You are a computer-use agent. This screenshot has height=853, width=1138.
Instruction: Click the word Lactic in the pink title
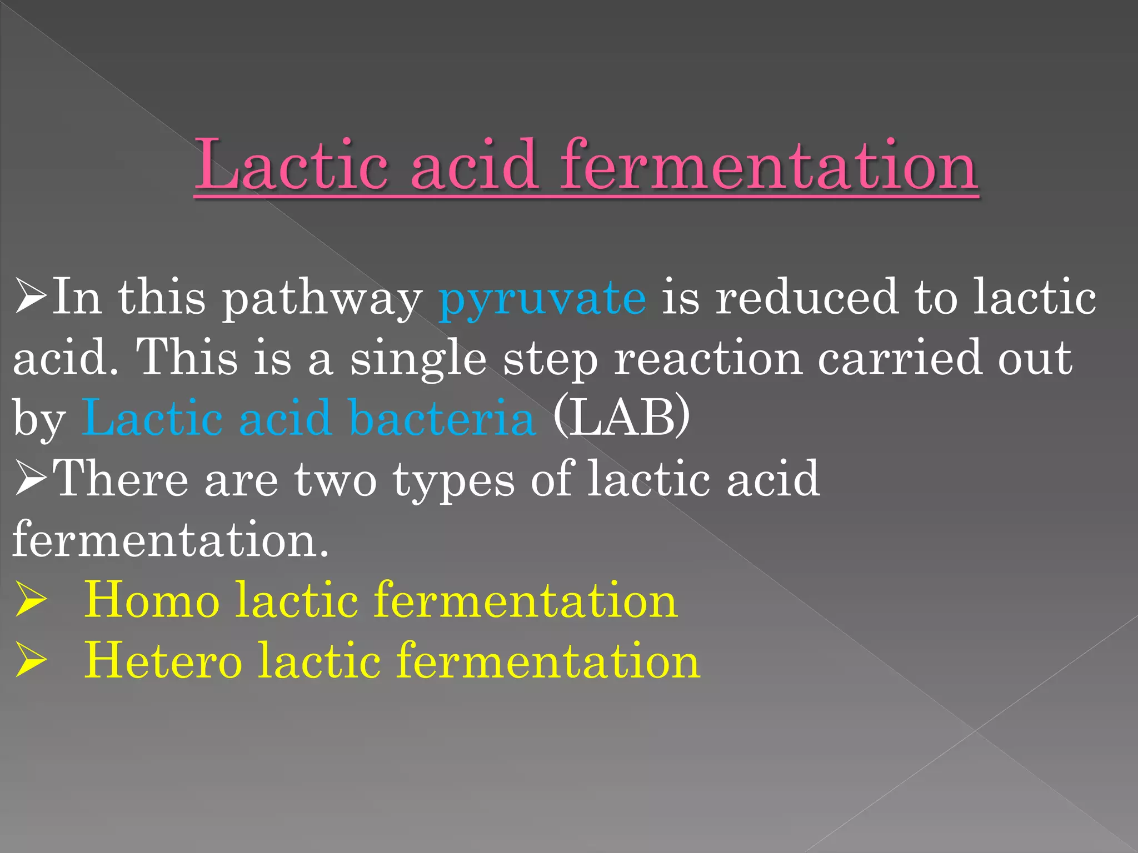291,165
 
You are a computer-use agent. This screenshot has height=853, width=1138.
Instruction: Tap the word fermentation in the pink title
769,165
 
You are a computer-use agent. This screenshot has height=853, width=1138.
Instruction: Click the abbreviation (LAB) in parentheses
621,418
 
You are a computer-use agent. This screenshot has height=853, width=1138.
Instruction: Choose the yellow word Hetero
162,660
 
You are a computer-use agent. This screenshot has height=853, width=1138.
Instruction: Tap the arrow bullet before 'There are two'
30,479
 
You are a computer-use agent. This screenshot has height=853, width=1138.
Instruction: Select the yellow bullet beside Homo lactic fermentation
30,601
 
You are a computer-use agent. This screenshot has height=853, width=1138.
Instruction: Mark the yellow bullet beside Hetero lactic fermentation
30,661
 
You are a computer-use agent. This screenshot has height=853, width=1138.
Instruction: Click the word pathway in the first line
322,300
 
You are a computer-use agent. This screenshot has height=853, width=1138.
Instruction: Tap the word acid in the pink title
474,165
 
